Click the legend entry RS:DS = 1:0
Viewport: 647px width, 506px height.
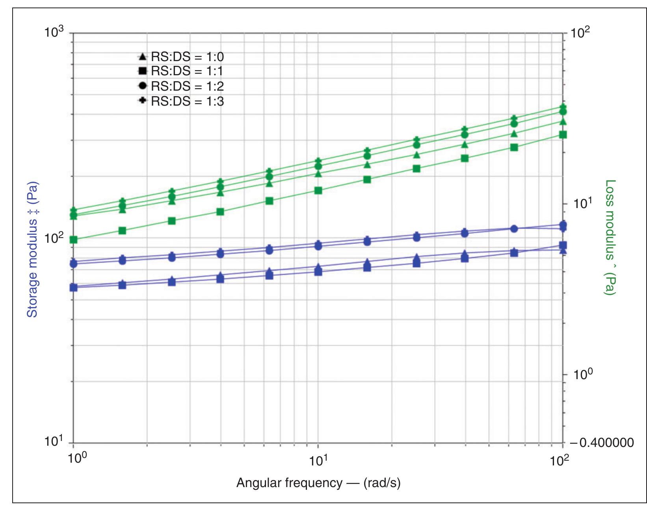click(182, 57)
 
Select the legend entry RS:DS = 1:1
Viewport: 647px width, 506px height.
click(182, 71)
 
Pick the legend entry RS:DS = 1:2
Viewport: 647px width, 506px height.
click(182, 86)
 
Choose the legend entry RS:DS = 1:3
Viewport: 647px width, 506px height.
click(182, 101)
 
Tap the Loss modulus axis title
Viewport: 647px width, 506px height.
click(610, 237)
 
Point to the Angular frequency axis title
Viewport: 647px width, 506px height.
click(318, 483)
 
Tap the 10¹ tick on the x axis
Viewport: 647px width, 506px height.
click(318, 460)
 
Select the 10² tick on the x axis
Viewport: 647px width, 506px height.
click(560, 460)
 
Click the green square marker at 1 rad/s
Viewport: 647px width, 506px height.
click(73, 240)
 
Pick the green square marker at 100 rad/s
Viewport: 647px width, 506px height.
click(563, 135)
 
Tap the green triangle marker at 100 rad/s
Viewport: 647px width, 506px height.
click(563, 122)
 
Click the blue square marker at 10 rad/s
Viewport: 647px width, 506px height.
click(318, 272)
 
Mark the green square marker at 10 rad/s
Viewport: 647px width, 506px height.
click(318, 191)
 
